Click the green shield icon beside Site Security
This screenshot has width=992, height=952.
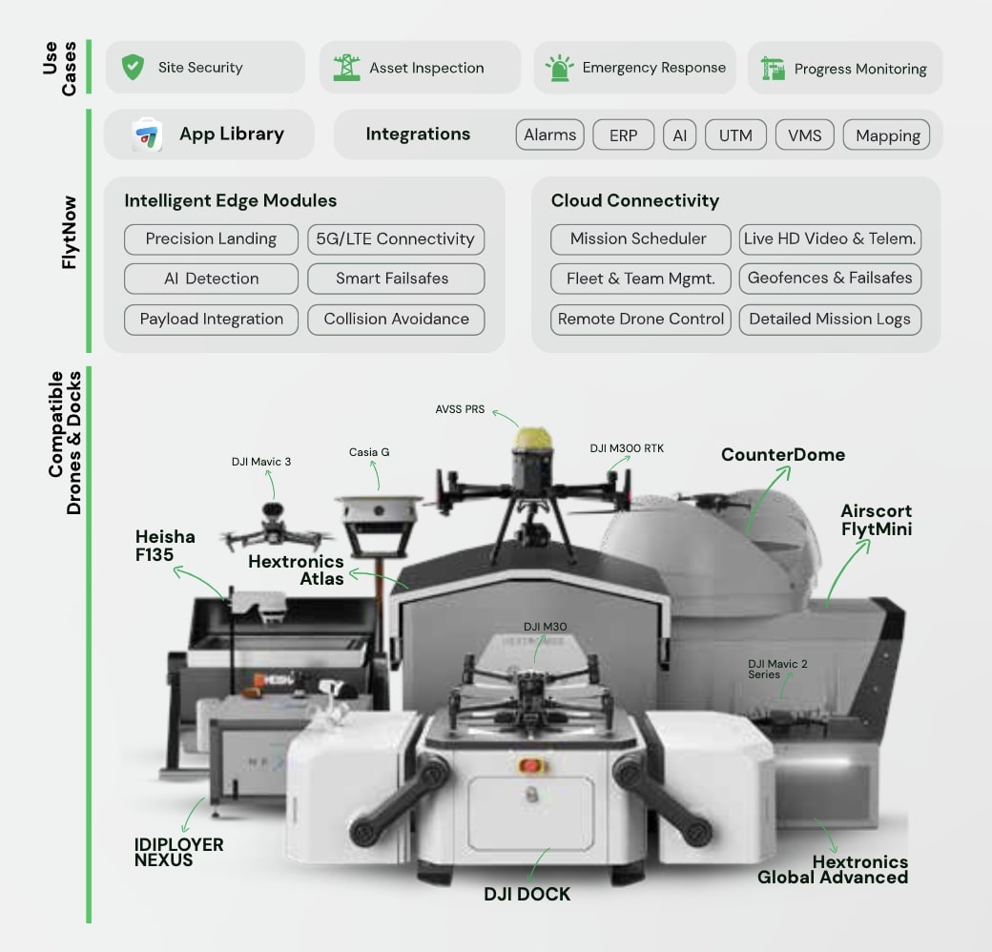click(x=133, y=67)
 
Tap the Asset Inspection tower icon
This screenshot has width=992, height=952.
click(x=346, y=67)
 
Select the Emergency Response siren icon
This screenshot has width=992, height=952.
click(x=558, y=68)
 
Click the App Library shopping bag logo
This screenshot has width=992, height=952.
click(x=147, y=135)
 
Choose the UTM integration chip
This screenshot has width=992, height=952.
click(x=735, y=135)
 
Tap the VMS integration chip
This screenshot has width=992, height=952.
click(x=804, y=135)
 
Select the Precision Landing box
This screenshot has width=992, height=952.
click(x=211, y=238)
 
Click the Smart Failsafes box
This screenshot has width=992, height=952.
click(x=395, y=279)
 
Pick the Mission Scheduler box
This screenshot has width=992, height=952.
click(x=638, y=238)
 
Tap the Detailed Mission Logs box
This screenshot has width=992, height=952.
click(x=830, y=319)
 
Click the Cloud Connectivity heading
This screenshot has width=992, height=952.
click(x=634, y=200)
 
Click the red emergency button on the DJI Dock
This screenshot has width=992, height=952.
click(x=527, y=764)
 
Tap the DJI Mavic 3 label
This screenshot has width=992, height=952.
click(x=261, y=462)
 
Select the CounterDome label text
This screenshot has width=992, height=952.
click(x=782, y=454)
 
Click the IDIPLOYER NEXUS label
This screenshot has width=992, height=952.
click(x=178, y=852)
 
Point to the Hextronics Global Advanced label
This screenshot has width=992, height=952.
click(x=833, y=869)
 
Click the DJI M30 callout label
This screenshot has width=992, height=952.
click(x=545, y=627)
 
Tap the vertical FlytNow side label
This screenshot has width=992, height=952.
click(x=69, y=232)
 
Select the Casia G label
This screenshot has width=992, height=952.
click(x=369, y=452)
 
